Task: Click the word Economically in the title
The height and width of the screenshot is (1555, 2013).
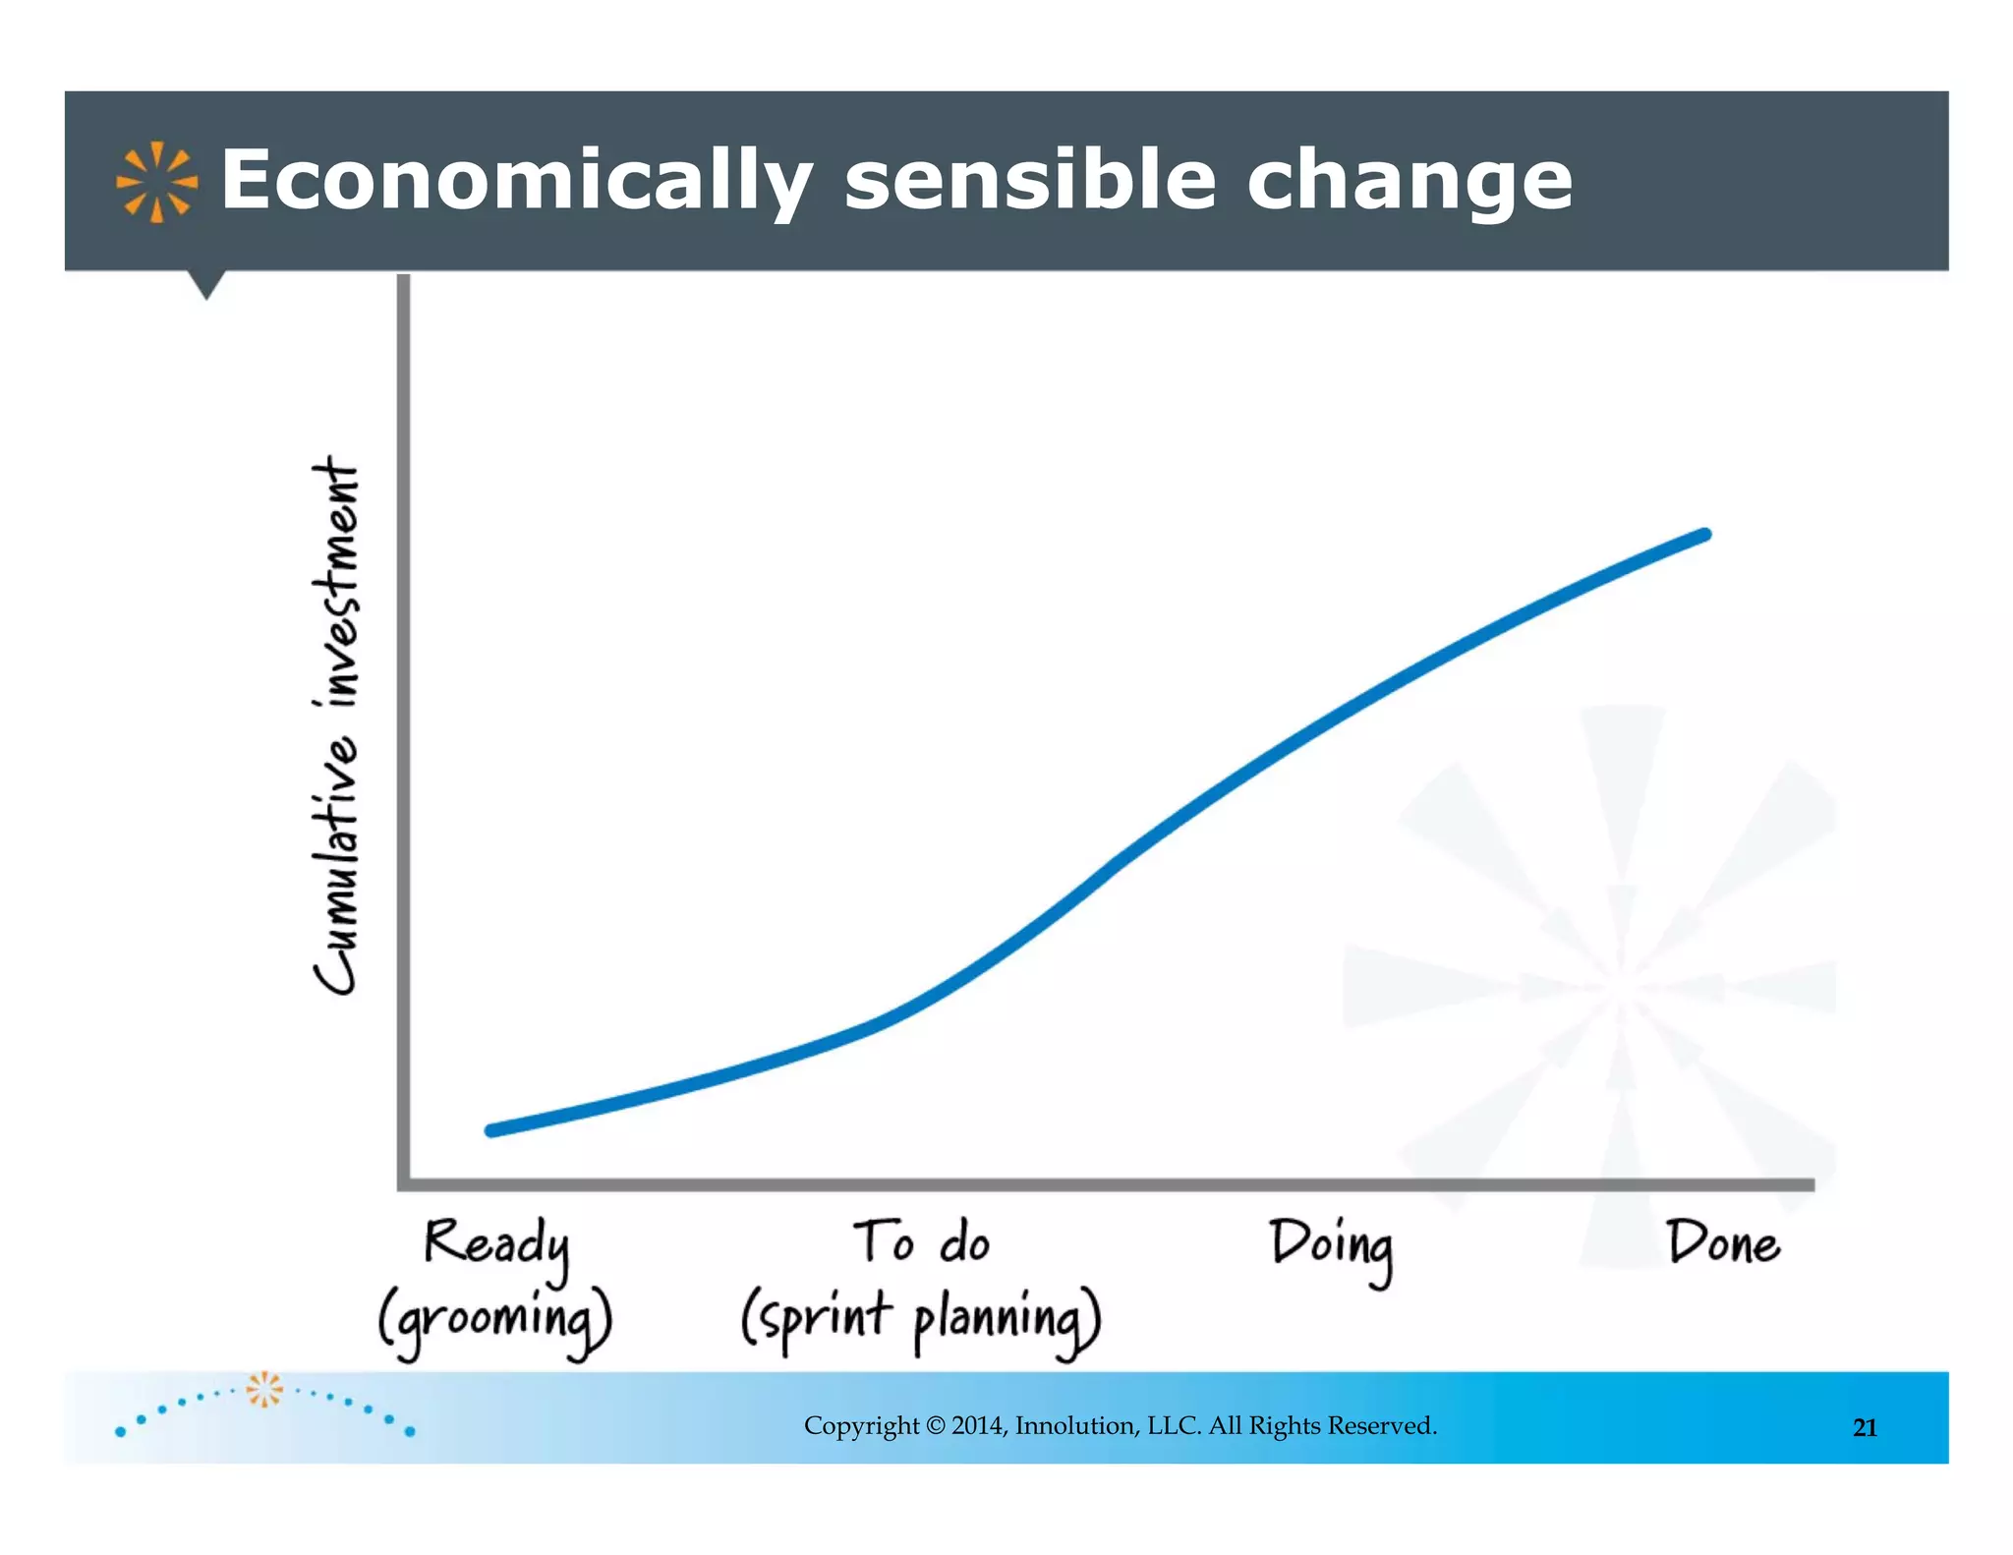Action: [515, 180]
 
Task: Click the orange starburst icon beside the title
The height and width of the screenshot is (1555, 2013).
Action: [156, 182]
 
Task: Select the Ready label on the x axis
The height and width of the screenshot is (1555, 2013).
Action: [496, 1243]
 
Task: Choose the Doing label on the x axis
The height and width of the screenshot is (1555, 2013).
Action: [1332, 1245]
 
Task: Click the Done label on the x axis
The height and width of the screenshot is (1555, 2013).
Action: [1723, 1242]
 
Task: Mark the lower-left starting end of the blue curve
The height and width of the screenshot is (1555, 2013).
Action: [492, 1130]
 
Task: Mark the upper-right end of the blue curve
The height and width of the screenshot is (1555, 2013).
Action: [1704, 535]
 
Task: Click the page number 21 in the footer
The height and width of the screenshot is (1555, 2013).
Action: [1865, 1428]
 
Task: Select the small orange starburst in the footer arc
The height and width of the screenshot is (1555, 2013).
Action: [263, 1389]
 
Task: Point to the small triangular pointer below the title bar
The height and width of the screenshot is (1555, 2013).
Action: [206, 284]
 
